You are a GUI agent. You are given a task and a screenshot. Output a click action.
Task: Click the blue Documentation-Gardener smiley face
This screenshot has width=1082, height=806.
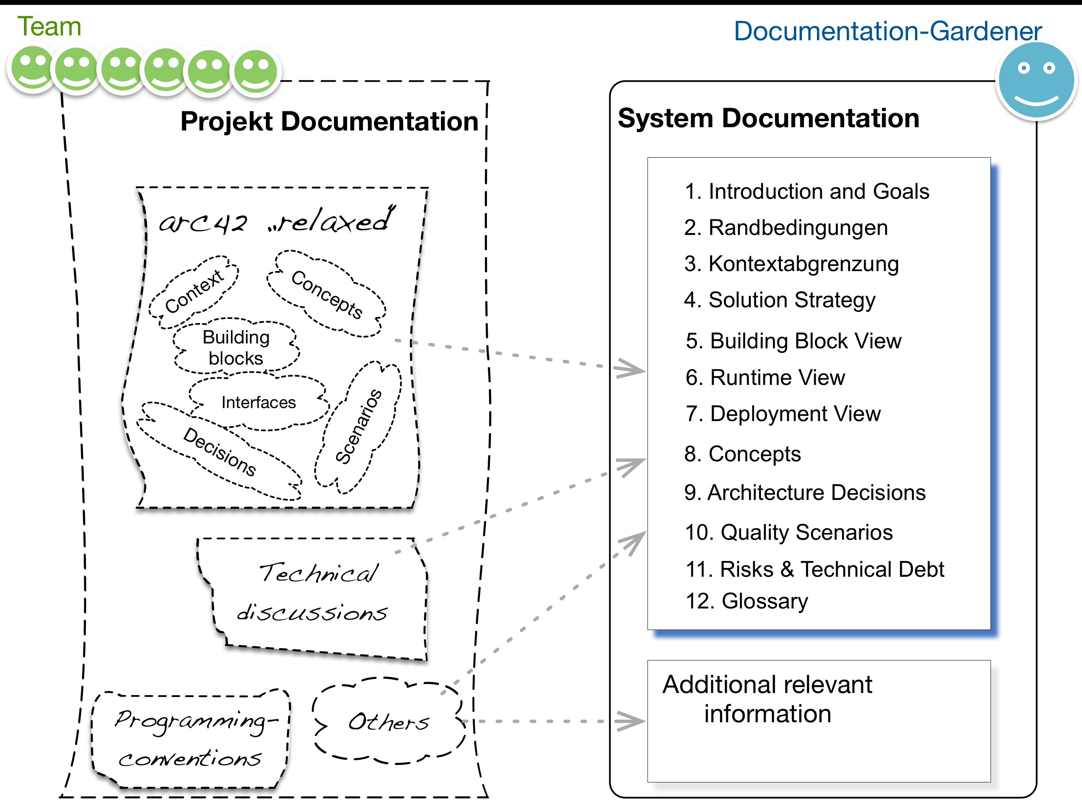tap(1036, 80)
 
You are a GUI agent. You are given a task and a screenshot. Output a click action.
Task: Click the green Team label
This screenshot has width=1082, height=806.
tap(49, 26)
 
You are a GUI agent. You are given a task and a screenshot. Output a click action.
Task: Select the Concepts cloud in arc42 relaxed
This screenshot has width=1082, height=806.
tap(326, 294)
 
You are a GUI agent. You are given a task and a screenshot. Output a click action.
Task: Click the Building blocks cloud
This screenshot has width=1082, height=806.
tap(236, 348)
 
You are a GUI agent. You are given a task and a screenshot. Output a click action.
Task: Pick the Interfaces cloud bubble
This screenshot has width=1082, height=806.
tap(259, 402)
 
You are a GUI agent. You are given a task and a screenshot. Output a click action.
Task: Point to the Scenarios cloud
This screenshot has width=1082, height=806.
tap(358, 426)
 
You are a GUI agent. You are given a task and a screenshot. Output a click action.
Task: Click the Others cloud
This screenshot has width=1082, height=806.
tap(388, 721)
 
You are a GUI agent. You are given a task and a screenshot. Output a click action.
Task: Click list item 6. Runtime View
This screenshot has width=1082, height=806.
tap(765, 378)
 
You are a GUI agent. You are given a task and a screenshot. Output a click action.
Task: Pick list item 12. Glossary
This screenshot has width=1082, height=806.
tap(747, 601)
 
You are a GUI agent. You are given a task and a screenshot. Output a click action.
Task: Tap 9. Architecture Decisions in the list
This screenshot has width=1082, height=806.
tap(805, 493)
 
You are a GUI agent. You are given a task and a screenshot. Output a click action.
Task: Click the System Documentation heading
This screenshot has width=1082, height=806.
tap(768, 119)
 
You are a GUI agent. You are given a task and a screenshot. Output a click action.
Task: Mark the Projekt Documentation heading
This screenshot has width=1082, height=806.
tap(329, 122)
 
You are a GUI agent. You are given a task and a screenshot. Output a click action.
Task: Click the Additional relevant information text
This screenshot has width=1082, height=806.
tap(767, 699)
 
